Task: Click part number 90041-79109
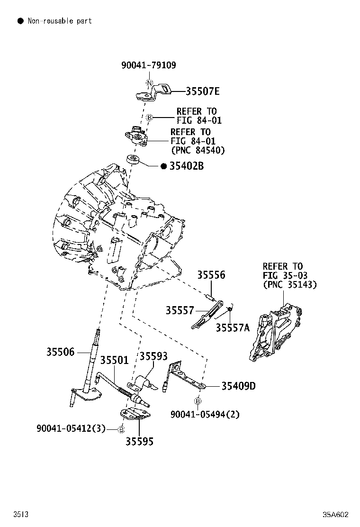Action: (x=148, y=65)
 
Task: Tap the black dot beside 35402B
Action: (x=163, y=166)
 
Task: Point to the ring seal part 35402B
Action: (x=134, y=159)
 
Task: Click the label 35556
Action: (x=211, y=275)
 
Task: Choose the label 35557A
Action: (x=232, y=327)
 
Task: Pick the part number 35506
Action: (x=60, y=352)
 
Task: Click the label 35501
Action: (x=114, y=360)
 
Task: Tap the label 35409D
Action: (x=238, y=386)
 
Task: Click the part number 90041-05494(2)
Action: (x=205, y=414)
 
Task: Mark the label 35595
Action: (x=139, y=442)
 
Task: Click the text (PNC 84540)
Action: (x=198, y=150)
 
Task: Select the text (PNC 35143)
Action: (x=290, y=284)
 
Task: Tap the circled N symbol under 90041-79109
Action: (x=149, y=84)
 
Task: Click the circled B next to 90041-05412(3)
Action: (x=121, y=429)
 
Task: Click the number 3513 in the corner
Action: (x=20, y=514)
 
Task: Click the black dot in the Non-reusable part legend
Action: (x=20, y=21)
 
